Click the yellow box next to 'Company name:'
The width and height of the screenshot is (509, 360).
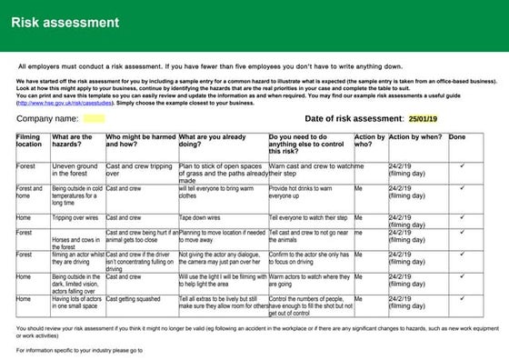coord(94,118)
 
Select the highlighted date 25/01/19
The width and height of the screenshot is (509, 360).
coord(423,118)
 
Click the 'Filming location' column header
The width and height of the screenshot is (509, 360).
coord(28,141)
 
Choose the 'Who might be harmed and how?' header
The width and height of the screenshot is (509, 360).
coord(140,141)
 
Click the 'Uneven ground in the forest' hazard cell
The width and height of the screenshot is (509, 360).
coord(75,170)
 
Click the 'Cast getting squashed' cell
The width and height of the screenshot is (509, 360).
coord(135,297)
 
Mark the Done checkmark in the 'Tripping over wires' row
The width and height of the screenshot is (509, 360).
coord(463,218)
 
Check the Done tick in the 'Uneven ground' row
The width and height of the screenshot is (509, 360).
coord(463,166)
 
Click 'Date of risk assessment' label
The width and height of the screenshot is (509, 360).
coord(353,118)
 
